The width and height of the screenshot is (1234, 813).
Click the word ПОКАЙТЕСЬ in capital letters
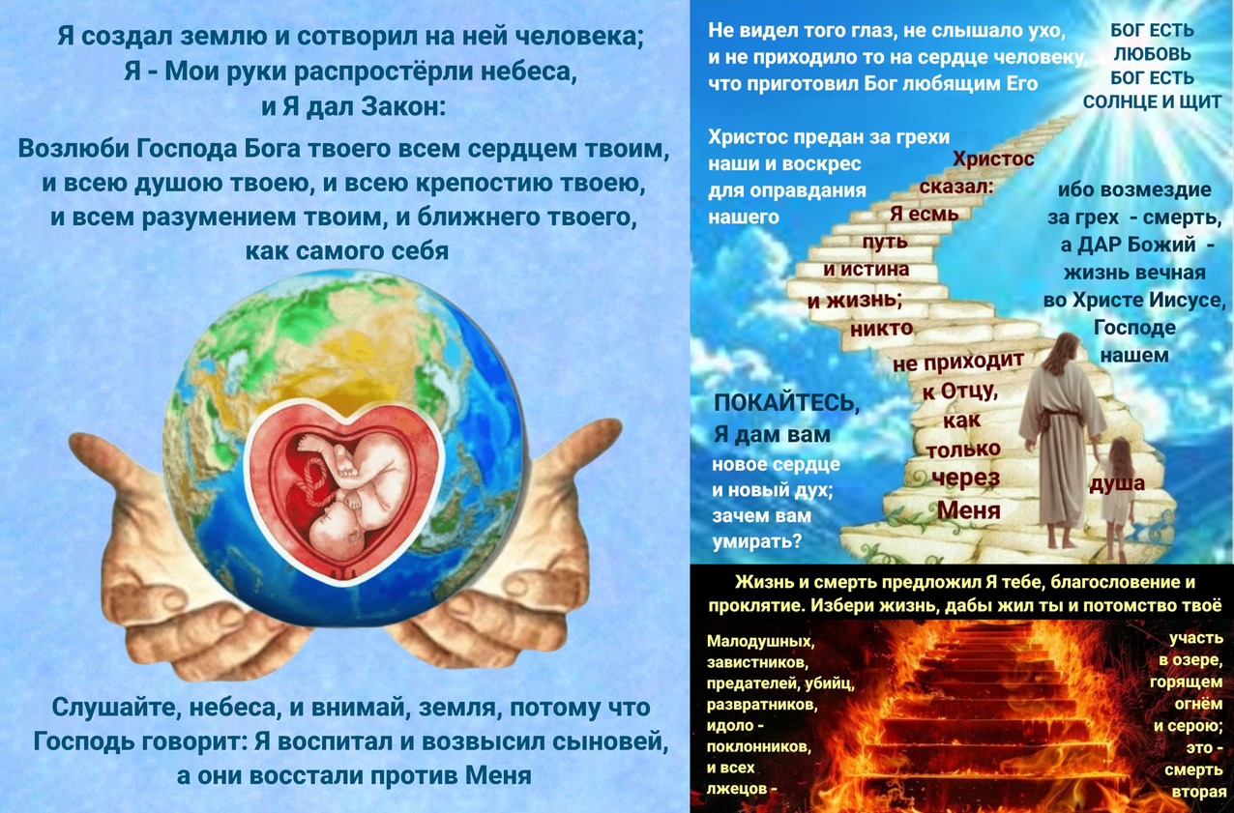786,403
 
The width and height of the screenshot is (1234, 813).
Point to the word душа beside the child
1117,483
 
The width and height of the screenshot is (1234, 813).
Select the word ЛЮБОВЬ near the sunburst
1152,54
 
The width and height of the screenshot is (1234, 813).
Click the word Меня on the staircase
968,509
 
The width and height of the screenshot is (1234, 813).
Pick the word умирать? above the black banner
757,541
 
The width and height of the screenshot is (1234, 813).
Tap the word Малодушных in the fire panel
760,641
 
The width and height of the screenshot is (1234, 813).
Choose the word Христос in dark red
993,160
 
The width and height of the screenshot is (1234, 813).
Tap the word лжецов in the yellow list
738,789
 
